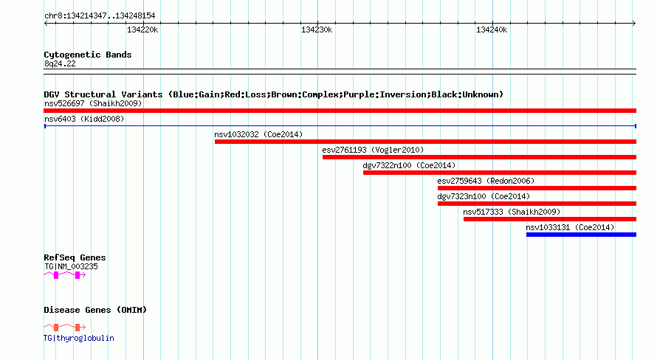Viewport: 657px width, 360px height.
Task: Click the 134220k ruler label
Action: point(142,30)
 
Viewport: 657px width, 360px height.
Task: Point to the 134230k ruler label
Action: point(317,30)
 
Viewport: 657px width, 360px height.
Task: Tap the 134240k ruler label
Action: point(492,30)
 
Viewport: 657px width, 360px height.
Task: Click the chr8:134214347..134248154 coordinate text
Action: point(100,16)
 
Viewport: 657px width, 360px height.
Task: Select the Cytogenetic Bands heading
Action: point(88,55)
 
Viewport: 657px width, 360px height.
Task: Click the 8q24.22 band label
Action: point(60,63)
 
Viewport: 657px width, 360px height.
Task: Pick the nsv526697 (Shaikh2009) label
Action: point(93,103)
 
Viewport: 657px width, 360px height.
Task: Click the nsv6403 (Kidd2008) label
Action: point(84,119)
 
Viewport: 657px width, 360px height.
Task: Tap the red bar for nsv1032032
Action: point(425,142)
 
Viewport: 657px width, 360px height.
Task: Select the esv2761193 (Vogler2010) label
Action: point(373,150)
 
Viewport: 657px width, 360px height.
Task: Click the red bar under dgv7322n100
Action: point(500,173)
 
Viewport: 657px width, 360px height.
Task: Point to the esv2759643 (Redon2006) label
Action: point(486,181)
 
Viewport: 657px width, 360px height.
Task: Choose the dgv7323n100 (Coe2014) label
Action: point(484,196)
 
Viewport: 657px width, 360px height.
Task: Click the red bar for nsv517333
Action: point(550,219)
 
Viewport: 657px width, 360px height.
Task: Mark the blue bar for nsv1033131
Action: point(581,235)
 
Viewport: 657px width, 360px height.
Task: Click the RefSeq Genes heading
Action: point(75,257)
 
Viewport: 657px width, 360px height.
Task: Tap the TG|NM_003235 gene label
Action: point(71,266)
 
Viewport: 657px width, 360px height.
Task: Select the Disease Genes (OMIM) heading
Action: point(95,310)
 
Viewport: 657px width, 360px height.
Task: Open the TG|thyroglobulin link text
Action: point(79,338)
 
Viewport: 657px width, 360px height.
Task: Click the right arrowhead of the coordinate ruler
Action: point(634,23)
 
